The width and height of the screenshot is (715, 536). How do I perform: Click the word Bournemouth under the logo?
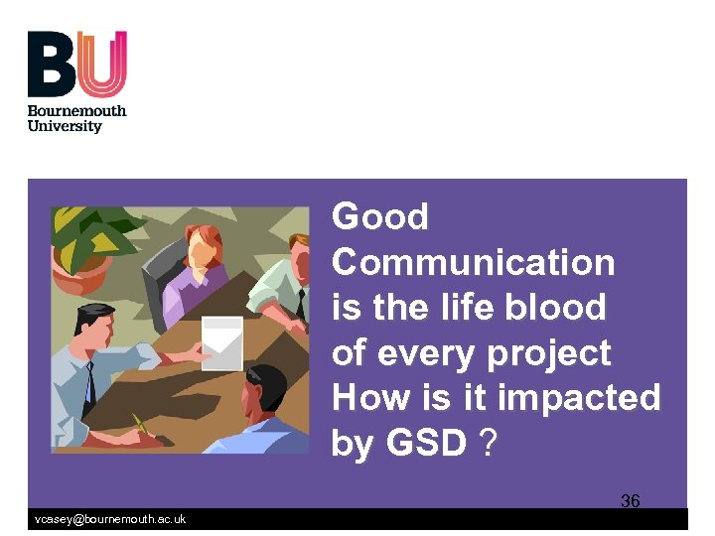(x=77, y=111)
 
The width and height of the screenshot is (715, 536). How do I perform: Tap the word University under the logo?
(x=65, y=126)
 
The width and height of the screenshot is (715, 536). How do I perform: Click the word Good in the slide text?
(x=379, y=216)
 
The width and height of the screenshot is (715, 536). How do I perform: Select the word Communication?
(x=473, y=262)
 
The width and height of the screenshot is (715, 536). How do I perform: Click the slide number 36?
(x=631, y=500)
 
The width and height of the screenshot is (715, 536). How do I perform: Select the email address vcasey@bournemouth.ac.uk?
(x=109, y=520)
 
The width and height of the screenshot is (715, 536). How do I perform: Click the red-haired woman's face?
(x=204, y=252)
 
